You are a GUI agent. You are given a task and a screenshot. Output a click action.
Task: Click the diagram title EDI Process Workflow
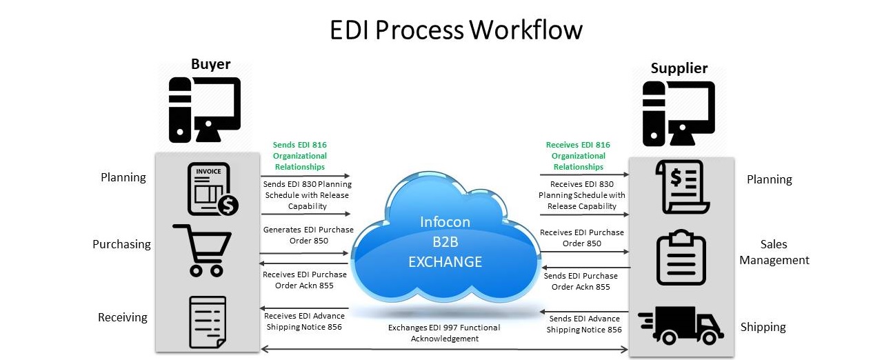pyautogui.click(x=456, y=30)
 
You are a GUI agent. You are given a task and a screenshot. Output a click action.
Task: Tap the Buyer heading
pyautogui.click(x=210, y=64)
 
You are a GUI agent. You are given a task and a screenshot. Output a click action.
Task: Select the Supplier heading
pyautogui.click(x=679, y=68)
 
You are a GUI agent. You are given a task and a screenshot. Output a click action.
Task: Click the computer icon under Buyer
pyautogui.click(x=205, y=110)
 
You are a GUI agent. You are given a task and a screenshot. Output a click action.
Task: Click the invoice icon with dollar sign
pyautogui.click(x=212, y=188)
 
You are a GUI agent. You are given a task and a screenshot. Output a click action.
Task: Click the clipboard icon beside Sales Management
pyautogui.click(x=681, y=257)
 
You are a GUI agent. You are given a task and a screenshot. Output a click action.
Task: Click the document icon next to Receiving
pyautogui.click(x=207, y=322)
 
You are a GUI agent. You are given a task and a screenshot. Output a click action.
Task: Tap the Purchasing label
pyautogui.click(x=121, y=244)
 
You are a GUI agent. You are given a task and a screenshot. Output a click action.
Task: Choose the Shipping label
pyautogui.click(x=763, y=327)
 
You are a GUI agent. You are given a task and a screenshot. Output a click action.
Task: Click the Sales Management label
pyautogui.click(x=774, y=252)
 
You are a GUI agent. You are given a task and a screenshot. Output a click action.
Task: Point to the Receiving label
pyautogui.click(x=122, y=317)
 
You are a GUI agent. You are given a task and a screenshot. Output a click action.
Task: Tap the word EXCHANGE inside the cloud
pyautogui.click(x=445, y=262)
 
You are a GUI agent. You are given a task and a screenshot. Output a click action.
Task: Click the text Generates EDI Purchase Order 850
pyautogui.click(x=308, y=235)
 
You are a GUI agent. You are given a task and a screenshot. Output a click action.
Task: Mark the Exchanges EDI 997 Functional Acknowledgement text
pyautogui.click(x=444, y=333)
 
